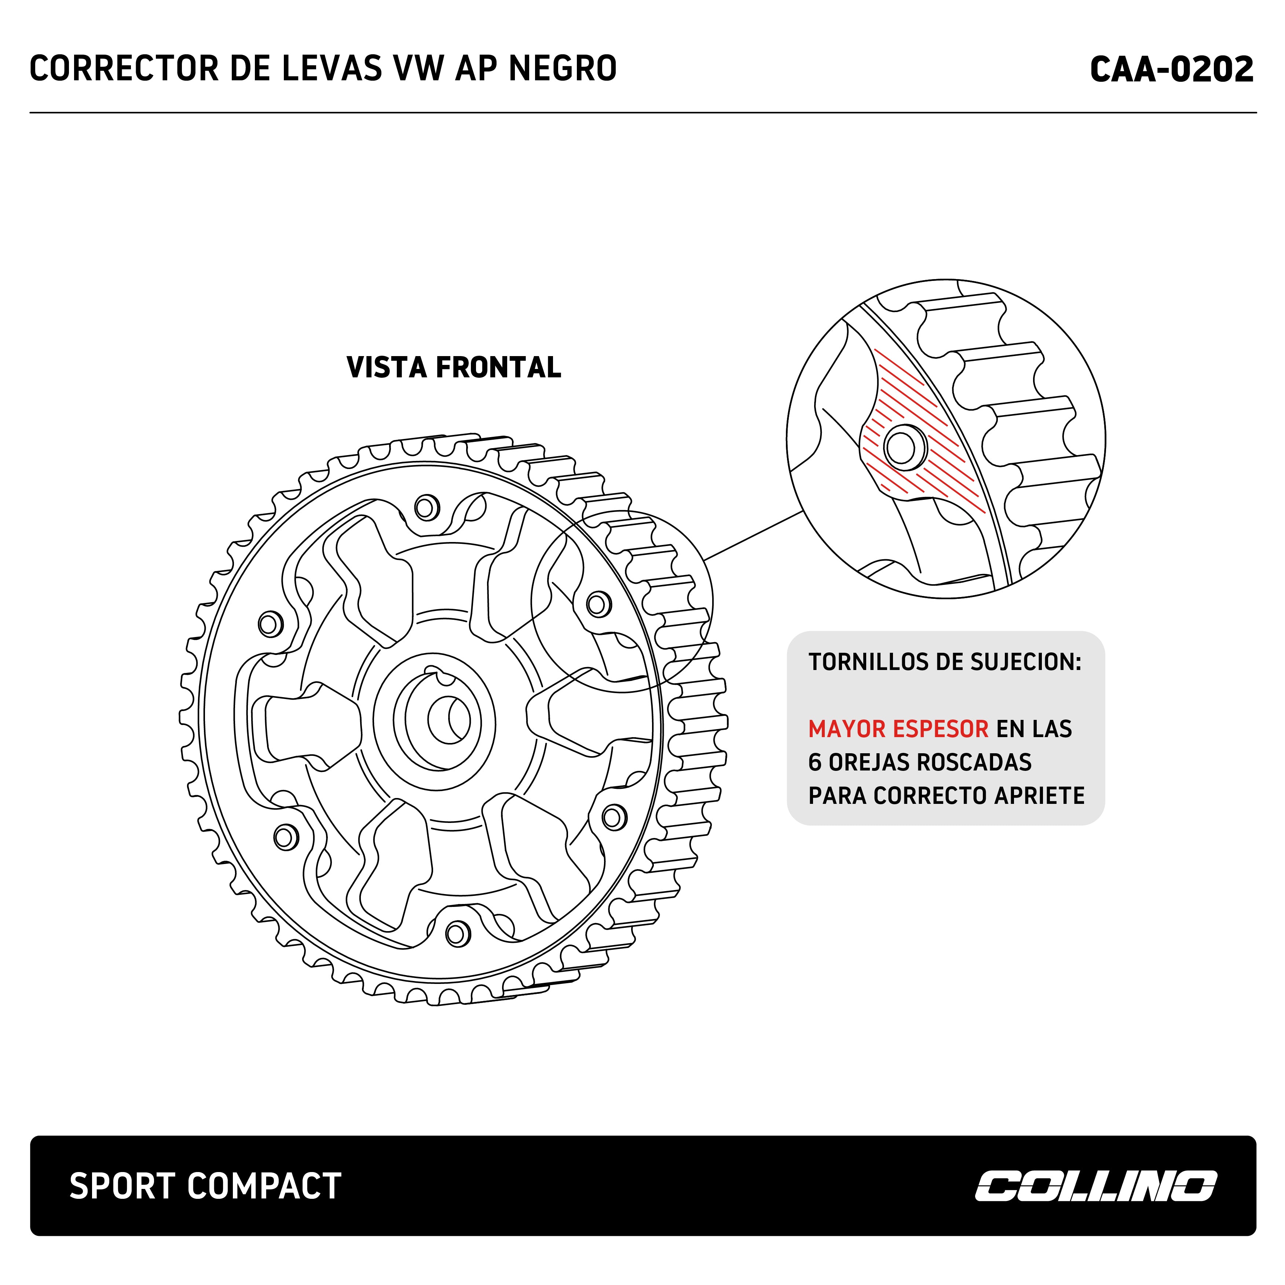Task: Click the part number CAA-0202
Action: [x=1171, y=69]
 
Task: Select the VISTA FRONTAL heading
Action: [x=454, y=367]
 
